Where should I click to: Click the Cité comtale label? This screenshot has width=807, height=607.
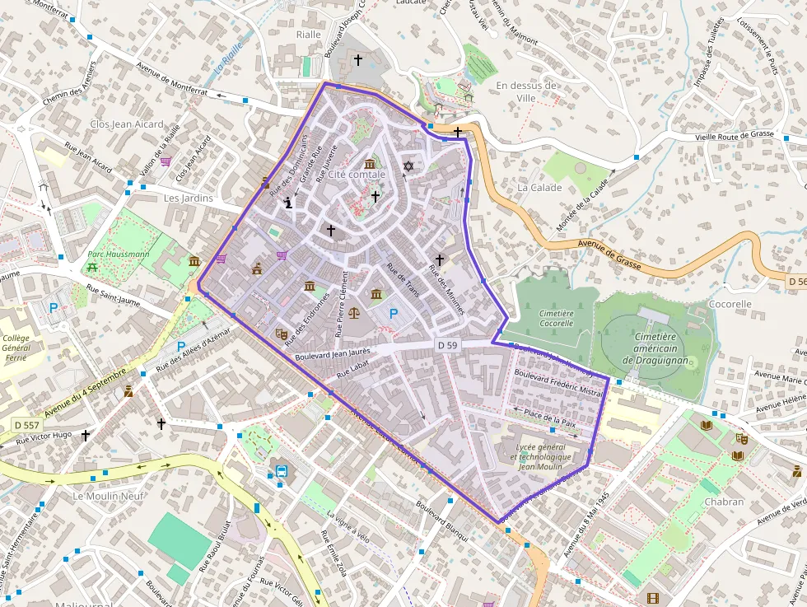356,175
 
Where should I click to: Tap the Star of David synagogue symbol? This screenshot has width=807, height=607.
408,167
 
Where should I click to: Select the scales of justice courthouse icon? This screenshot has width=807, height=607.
355,313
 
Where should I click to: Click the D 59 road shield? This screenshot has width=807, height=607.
447,345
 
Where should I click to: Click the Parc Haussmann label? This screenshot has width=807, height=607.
119,254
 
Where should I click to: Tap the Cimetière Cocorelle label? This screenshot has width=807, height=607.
556,318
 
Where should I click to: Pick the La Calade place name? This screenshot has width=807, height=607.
539,188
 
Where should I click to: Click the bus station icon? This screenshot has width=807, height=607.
282,473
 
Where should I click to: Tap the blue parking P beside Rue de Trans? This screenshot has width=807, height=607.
393,313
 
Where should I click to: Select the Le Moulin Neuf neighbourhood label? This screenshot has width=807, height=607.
108,497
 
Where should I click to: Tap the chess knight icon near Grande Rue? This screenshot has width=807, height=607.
288,202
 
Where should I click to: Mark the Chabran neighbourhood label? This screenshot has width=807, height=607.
725,502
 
